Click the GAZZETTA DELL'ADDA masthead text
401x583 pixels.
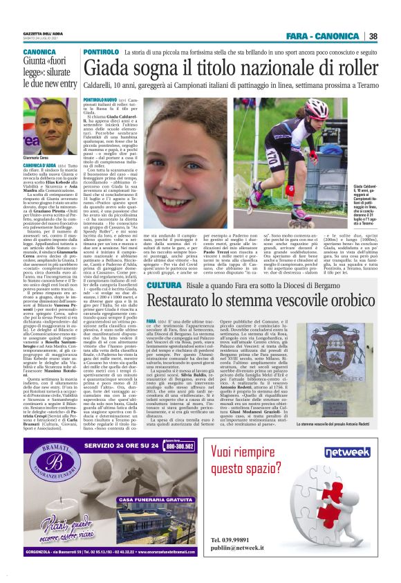pyautogui.click(x=43, y=33)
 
